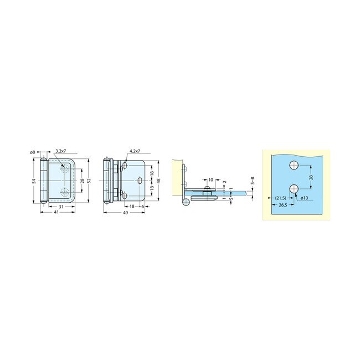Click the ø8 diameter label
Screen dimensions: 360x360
(33, 152)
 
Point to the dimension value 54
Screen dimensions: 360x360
(34, 181)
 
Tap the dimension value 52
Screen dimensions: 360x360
(88, 181)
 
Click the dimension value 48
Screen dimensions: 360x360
(159, 181)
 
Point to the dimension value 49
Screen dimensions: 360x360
(126, 213)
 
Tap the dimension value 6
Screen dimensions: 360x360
(143, 207)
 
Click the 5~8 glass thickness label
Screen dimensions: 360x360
(253, 181)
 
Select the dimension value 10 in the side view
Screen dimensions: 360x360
(211, 180)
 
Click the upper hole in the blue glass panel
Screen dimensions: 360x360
(294, 165)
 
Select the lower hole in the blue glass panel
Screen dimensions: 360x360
(294, 189)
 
